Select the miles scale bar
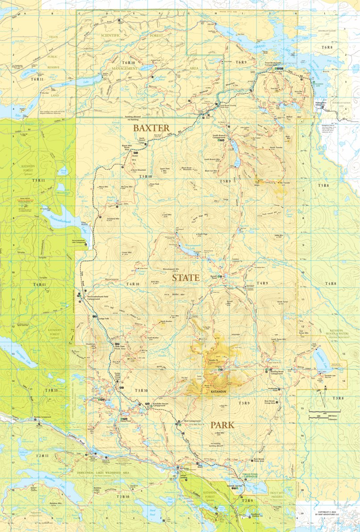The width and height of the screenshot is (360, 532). coord(324,411)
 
